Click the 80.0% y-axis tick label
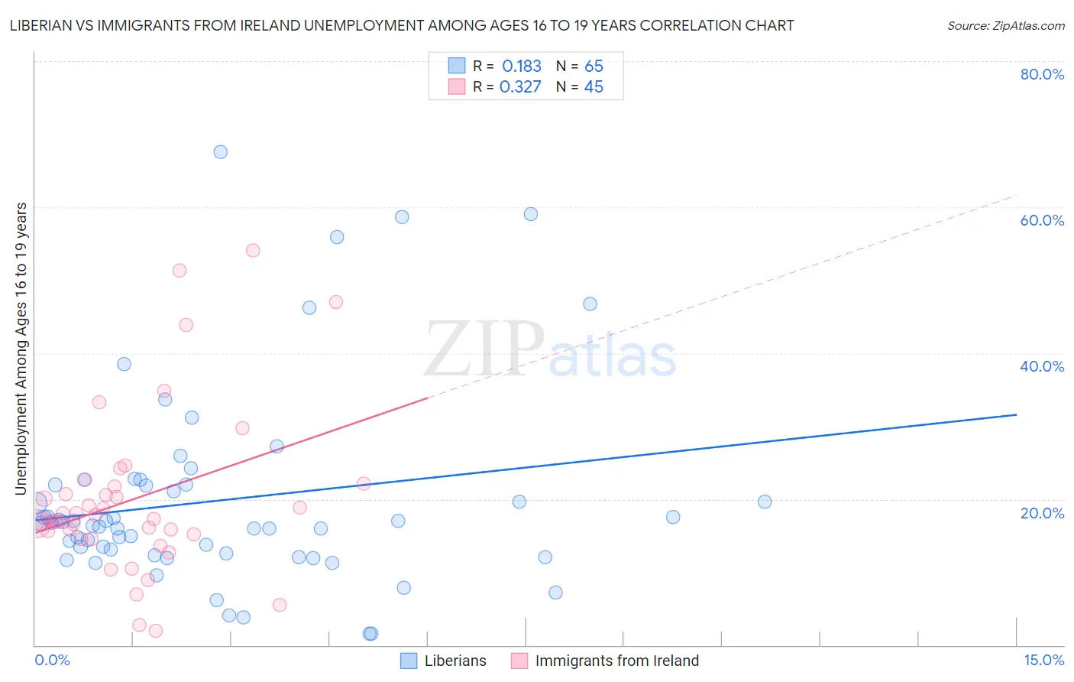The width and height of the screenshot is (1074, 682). point(1042,74)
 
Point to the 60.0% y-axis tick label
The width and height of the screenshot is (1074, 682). point(1042,220)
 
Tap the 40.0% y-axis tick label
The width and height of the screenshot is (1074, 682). point(1042,366)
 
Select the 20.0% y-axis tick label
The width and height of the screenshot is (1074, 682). point(1042,512)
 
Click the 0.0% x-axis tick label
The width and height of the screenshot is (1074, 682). point(52,660)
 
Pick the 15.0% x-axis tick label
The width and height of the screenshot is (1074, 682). point(1043,660)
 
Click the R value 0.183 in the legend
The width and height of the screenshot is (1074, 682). point(522,67)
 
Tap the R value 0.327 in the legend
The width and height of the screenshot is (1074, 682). point(520,87)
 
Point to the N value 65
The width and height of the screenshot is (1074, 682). point(594,67)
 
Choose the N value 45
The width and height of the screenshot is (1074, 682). point(594,87)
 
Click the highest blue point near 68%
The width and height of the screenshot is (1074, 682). point(220,152)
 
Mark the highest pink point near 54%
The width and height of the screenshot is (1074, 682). point(253,251)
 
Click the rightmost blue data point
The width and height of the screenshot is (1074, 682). point(765,502)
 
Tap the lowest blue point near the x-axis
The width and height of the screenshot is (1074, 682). point(370,633)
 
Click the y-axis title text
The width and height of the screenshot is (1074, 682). point(21,349)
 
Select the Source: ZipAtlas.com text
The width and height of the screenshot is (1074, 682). point(1005,26)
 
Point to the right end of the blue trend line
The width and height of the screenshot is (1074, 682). point(1016,414)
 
